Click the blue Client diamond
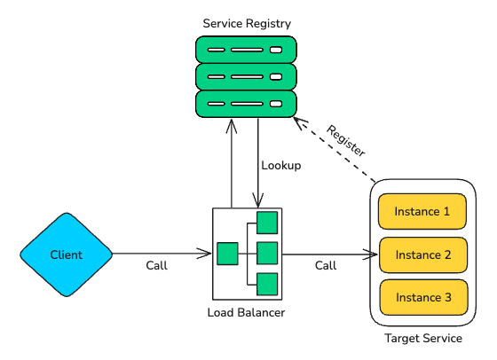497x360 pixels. [x=67, y=254]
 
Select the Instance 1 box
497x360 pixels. [x=422, y=212]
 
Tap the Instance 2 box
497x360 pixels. [x=422, y=254]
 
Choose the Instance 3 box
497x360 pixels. [x=422, y=297]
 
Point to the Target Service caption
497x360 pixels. [x=422, y=339]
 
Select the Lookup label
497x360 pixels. [x=281, y=165]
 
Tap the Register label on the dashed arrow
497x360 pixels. [x=346, y=140]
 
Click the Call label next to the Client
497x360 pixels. [x=157, y=265]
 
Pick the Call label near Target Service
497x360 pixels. [x=326, y=265]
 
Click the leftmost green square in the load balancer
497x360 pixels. [x=227, y=254]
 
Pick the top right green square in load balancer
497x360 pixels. [x=267, y=223]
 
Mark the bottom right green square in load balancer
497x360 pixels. [x=267, y=284]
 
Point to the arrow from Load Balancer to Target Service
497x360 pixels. [x=324, y=254]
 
